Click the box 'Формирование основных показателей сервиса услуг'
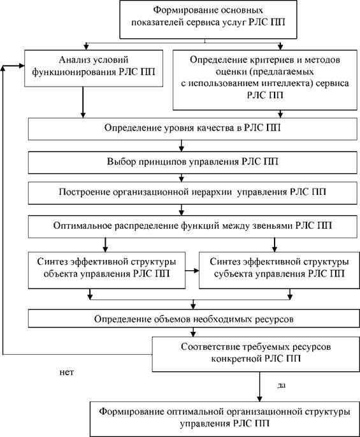click(x=208, y=19)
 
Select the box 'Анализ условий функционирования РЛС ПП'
click(x=94, y=68)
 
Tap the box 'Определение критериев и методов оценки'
click(x=265, y=80)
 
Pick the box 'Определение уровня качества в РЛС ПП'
click(x=192, y=129)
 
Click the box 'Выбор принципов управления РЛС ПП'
click(x=192, y=162)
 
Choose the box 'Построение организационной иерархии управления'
click(x=192, y=193)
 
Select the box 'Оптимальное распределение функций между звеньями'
click(x=192, y=227)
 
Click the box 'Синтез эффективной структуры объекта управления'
click(x=106, y=270)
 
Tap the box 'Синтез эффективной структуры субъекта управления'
click(x=279, y=270)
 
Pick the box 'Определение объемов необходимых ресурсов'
click(x=194, y=319)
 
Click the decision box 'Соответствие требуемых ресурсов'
click(x=256, y=354)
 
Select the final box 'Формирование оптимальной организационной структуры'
click(x=225, y=419)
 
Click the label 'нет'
click(x=67, y=372)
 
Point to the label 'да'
click(x=282, y=385)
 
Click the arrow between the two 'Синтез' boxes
click(x=192, y=270)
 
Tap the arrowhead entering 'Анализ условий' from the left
click(x=22, y=66)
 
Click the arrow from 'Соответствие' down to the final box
click(x=259, y=387)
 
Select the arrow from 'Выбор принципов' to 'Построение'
click(x=182, y=178)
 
